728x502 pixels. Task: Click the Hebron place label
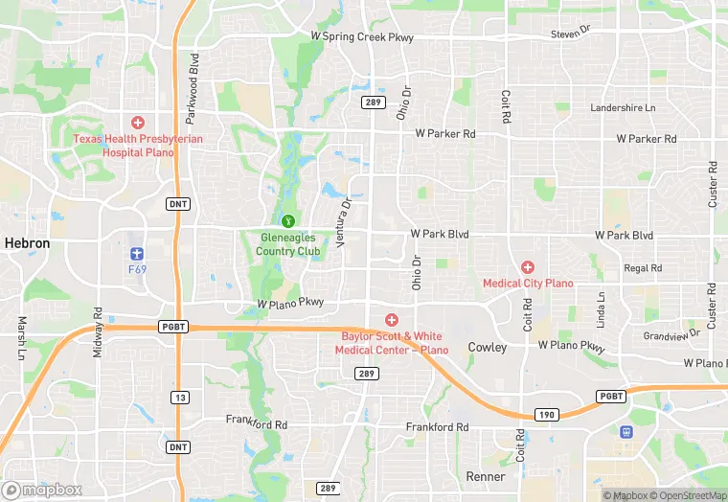(x=27, y=244)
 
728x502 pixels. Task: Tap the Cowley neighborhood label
(x=488, y=347)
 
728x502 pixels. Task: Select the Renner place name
(x=485, y=476)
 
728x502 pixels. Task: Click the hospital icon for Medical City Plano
(x=527, y=267)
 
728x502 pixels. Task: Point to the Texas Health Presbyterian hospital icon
(x=138, y=123)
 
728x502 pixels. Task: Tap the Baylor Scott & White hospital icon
(x=391, y=319)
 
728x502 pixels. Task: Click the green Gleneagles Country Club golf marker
(x=288, y=221)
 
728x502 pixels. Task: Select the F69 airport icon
(x=137, y=253)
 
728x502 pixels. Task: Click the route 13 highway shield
(x=179, y=397)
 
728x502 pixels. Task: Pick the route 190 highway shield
(x=544, y=415)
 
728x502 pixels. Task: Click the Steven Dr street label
(x=571, y=34)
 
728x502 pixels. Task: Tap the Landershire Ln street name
(x=623, y=108)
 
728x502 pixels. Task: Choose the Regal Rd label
(x=642, y=269)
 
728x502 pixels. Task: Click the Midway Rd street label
(x=98, y=333)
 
